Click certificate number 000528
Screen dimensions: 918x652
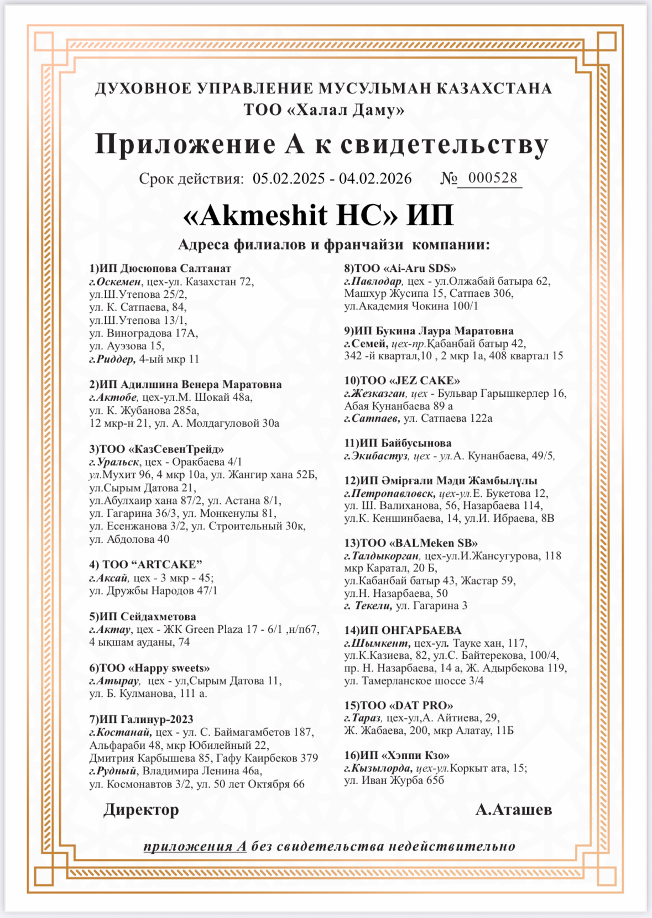pyautogui.click(x=492, y=178)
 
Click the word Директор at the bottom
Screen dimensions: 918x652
pyautogui.click(x=141, y=810)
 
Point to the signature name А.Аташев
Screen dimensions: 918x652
pyautogui.click(x=513, y=810)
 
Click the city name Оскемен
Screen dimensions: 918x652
pyautogui.click(x=119, y=282)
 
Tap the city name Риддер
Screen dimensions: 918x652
pyautogui.click(x=116, y=359)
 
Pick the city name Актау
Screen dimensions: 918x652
pyautogui.click(x=113, y=630)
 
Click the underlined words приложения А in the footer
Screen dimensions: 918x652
pyautogui.click(x=195, y=847)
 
